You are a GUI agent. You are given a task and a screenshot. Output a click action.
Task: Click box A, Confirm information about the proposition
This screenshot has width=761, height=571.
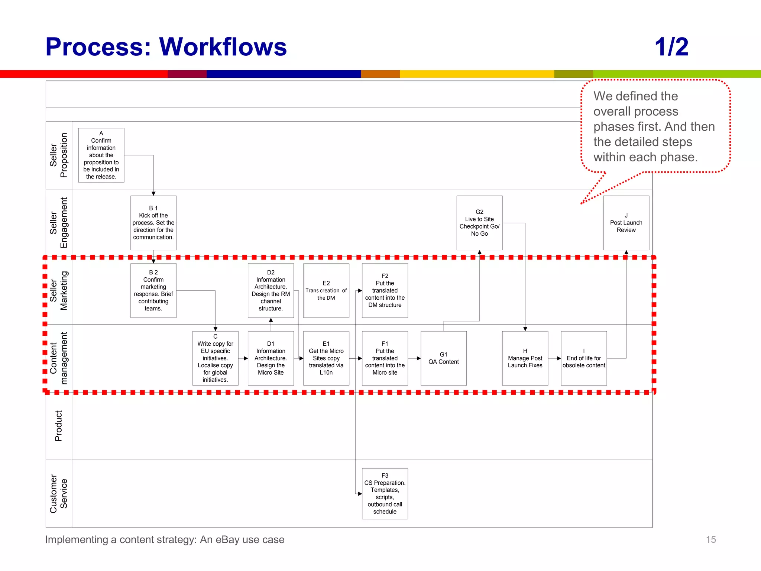pyautogui.click(x=101, y=155)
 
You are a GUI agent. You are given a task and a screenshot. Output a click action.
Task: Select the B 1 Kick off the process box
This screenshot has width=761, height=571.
pyautogui.click(x=153, y=223)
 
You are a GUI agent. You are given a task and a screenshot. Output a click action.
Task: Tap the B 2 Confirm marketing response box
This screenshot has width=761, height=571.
pyautogui.click(x=153, y=290)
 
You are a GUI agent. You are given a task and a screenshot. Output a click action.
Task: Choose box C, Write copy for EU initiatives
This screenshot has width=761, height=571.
pyautogui.click(x=215, y=358)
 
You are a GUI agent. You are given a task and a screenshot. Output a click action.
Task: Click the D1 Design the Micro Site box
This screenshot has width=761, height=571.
pyautogui.click(x=271, y=358)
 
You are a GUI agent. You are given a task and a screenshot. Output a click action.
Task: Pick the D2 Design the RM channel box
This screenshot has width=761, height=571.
pyautogui.click(x=271, y=290)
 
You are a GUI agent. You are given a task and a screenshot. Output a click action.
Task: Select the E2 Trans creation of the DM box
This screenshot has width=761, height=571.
pyautogui.click(x=326, y=290)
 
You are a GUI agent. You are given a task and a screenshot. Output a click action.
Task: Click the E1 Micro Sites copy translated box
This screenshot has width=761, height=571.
pyautogui.click(x=326, y=358)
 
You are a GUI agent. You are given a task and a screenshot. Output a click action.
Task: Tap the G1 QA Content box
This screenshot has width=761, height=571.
pyautogui.click(x=443, y=358)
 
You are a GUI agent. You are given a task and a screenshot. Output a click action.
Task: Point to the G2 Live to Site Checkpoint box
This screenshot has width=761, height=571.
pyautogui.click(x=479, y=223)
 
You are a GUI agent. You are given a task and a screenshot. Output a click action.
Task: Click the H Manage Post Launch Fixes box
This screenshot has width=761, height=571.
pyautogui.click(x=525, y=358)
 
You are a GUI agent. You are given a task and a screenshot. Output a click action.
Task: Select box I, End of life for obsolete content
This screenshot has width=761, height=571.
pyautogui.click(x=583, y=358)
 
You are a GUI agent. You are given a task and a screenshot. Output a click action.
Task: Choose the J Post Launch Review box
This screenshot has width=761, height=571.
pyautogui.click(x=626, y=223)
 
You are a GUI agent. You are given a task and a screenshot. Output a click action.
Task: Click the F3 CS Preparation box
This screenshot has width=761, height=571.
pyautogui.click(x=385, y=493)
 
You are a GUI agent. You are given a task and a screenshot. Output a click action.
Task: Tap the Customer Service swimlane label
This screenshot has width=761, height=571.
pyautogui.click(x=59, y=493)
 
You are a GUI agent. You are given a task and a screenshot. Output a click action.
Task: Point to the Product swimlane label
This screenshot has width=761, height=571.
pyautogui.click(x=59, y=426)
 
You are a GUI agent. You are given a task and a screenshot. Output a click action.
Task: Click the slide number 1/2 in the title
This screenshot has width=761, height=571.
pyautogui.click(x=671, y=47)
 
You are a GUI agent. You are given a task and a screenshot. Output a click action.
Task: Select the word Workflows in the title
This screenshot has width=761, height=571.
pyautogui.click(x=223, y=47)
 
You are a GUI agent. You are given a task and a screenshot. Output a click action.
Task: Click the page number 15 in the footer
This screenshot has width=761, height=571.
pyautogui.click(x=710, y=539)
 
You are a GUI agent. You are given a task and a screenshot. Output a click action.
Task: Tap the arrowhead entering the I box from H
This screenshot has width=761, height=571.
pyautogui.click(x=558, y=358)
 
